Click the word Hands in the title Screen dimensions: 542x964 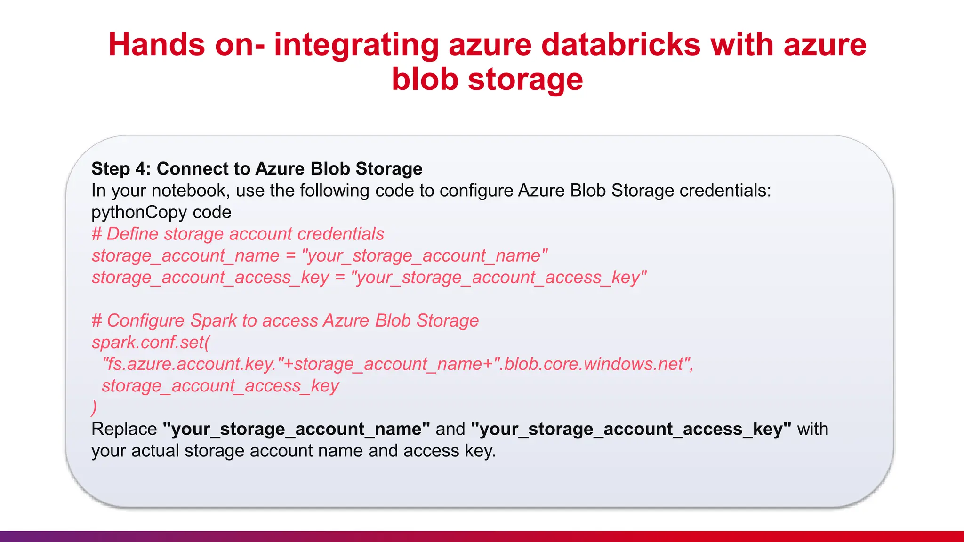[157, 45]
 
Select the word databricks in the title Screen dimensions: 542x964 [620, 45]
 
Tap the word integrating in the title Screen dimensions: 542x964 [356, 46]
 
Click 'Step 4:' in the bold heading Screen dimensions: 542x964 [121, 168]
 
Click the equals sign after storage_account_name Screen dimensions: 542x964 [290, 256]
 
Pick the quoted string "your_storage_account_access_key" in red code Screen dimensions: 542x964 [499, 278]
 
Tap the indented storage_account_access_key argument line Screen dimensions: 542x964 [220, 386]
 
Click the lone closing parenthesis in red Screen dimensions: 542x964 [94, 407]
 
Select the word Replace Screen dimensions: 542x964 [124, 429]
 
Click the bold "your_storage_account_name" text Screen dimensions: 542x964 [296, 429]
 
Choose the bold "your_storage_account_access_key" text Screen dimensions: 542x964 [631, 429]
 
